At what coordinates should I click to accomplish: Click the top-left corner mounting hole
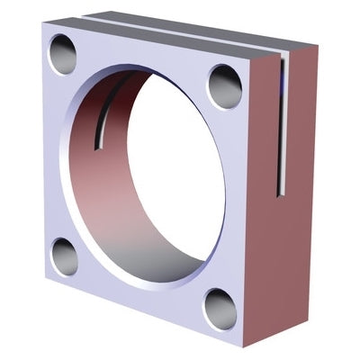62,54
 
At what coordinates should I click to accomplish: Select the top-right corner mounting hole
224,86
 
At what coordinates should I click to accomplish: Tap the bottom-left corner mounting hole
64,256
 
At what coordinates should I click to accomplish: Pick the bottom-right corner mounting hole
220,309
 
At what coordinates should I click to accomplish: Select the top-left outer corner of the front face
42,24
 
